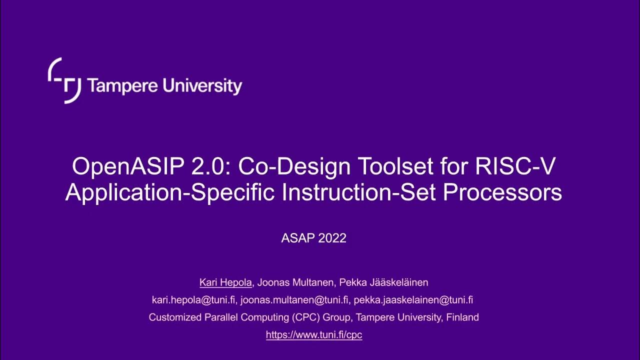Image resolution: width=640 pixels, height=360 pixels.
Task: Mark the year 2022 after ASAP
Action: coord(329,238)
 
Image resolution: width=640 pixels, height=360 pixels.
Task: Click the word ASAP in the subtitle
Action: coord(296,238)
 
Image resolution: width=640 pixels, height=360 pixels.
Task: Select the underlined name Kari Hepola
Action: coord(226,282)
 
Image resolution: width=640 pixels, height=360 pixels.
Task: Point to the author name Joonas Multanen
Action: coord(294,282)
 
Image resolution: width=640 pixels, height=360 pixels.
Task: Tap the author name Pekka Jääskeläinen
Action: coord(383,282)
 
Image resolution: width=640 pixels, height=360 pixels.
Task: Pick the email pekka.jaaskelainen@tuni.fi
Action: coord(411,300)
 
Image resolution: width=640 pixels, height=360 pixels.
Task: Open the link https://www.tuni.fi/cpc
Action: coord(314,335)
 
